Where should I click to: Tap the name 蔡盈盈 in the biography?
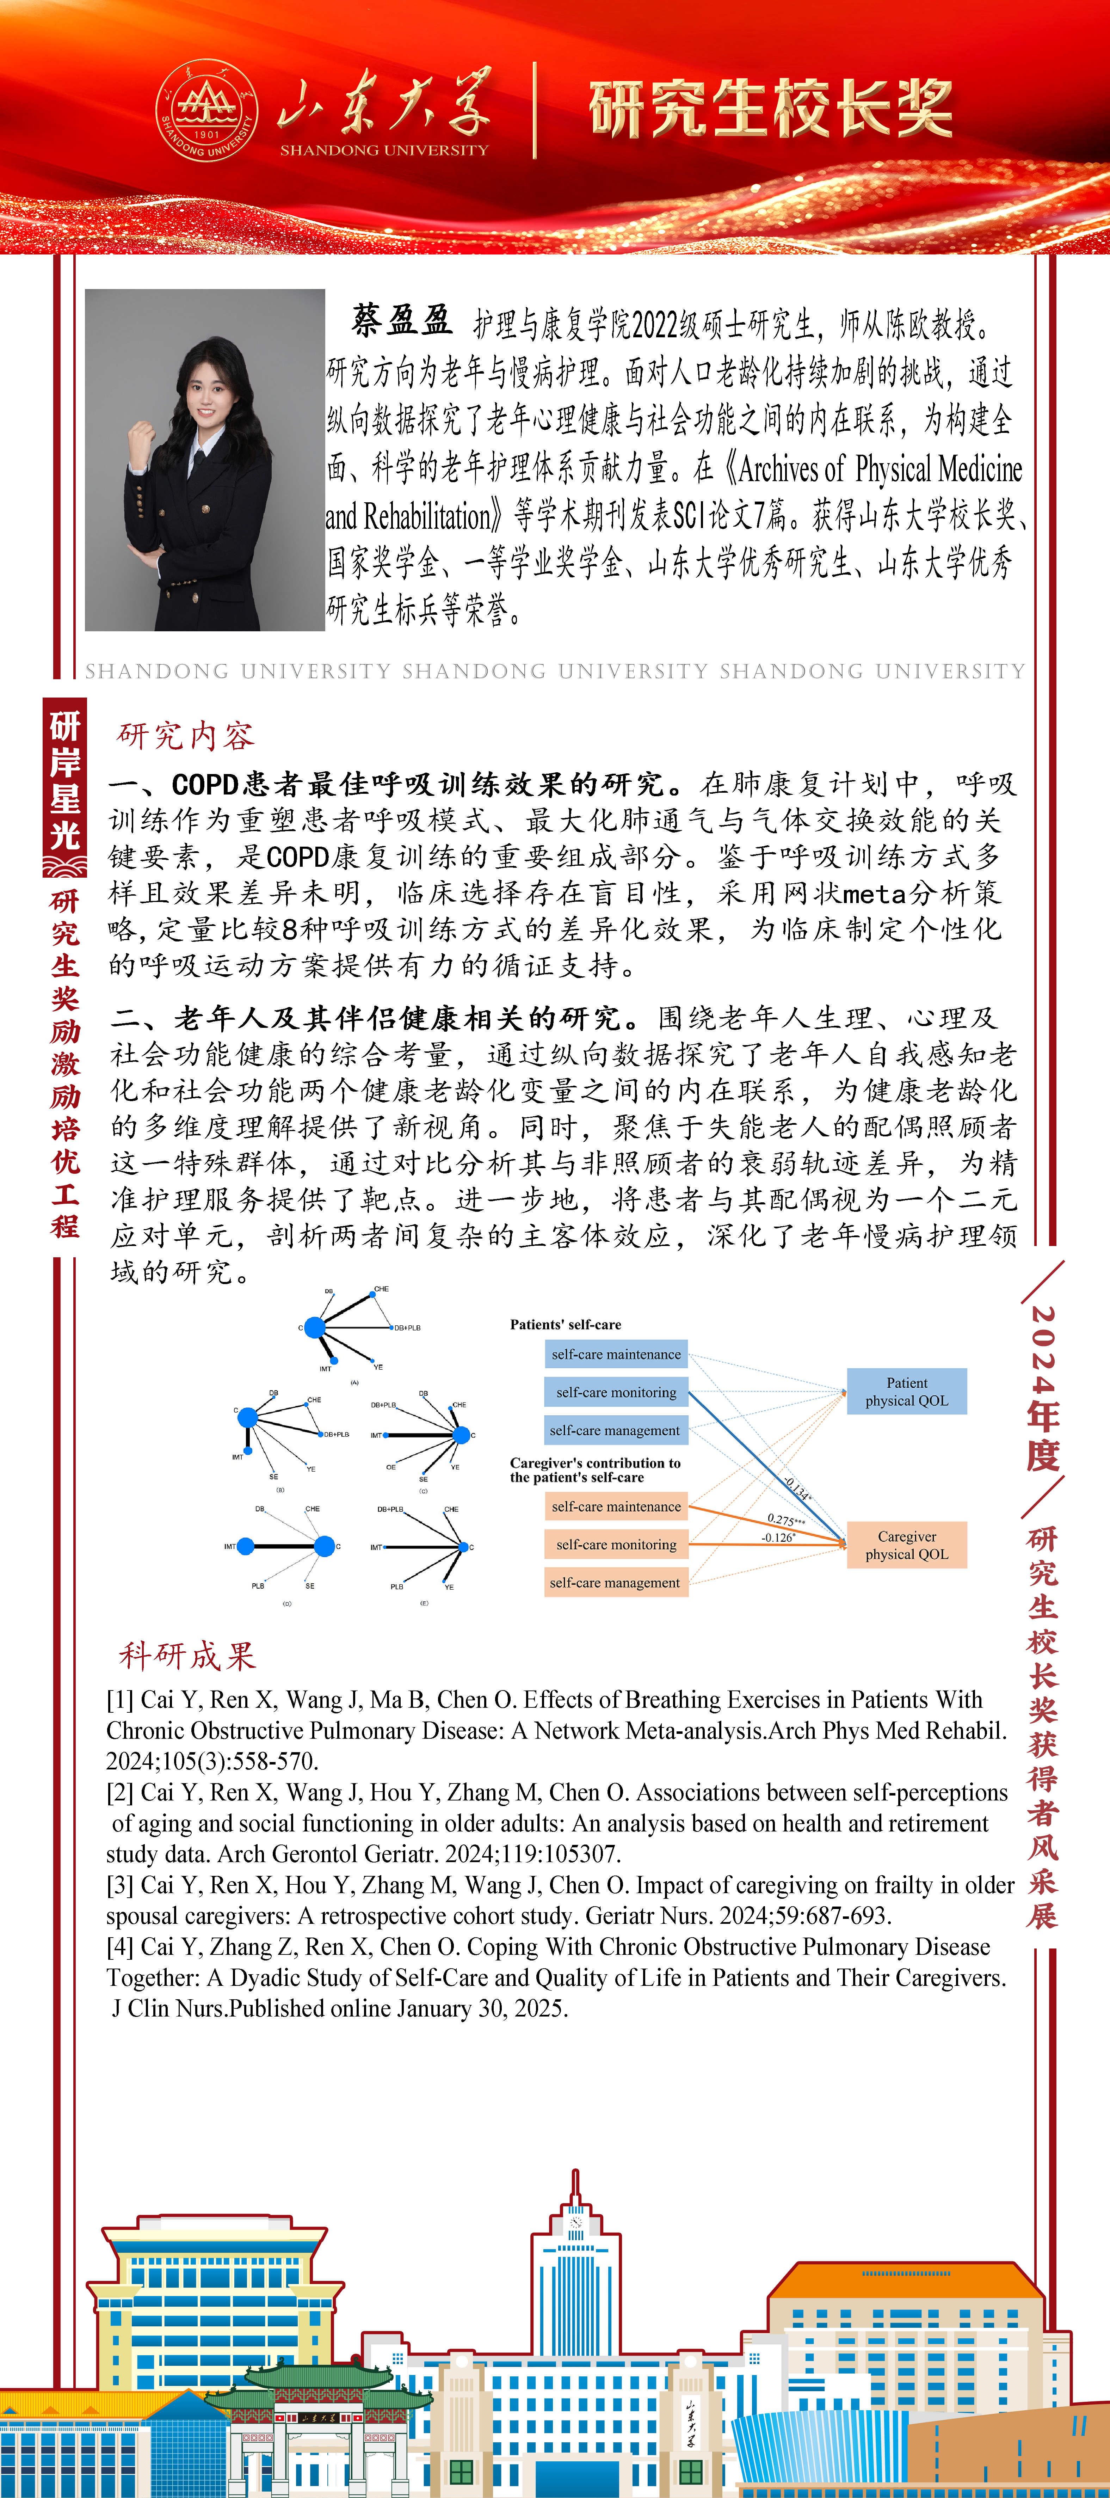(x=401, y=320)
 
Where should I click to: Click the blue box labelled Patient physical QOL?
(x=906, y=1392)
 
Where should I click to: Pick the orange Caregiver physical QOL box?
(x=906, y=1545)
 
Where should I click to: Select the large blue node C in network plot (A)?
(x=314, y=1327)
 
